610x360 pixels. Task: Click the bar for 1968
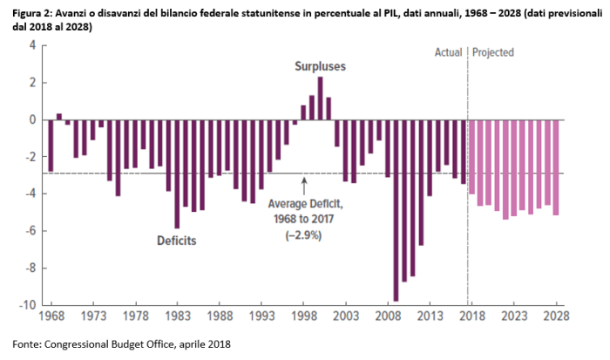51,146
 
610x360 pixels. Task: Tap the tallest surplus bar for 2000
320,98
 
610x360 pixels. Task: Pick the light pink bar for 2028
555,167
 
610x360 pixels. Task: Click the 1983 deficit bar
177,173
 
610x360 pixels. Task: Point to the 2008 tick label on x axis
387,317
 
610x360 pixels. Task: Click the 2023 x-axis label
513,317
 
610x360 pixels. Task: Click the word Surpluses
319,66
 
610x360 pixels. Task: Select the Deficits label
177,240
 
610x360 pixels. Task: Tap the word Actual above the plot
448,52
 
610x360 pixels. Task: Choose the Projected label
493,52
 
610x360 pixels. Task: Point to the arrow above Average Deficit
304,186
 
